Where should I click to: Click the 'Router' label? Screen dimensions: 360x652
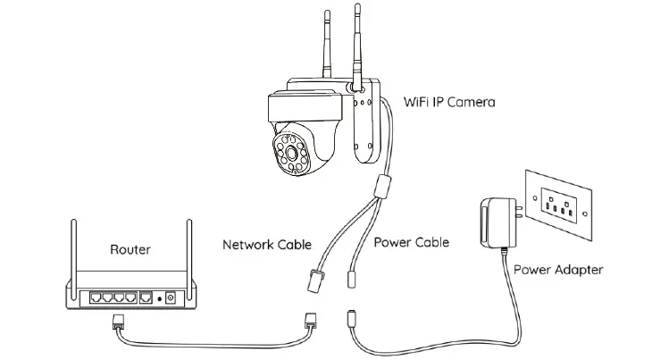130,250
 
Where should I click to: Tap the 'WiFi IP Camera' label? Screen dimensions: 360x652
449,104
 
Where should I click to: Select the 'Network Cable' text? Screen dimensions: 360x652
267,243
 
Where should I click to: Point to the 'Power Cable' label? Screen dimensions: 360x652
411,242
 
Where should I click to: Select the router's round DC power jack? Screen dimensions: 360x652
170,297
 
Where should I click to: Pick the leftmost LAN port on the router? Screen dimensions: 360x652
90,297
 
